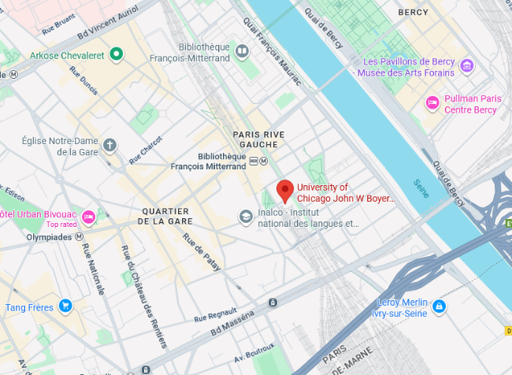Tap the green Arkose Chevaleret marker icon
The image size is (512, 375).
(x=117, y=54)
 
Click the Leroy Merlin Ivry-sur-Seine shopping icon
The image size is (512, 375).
(x=439, y=306)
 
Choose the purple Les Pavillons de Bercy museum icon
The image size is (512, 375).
(x=466, y=65)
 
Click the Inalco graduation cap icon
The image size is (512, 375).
(x=247, y=216)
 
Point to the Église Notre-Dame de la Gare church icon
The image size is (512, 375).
(x=109, y=145)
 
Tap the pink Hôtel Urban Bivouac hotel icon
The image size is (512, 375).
(x=88, y=215)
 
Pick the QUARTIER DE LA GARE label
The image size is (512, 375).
(x=166, y=216)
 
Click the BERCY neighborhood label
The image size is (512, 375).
(x=414, y=13)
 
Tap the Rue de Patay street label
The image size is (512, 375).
(x=201, y=251)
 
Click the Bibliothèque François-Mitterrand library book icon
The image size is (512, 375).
(x=243, y=53)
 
